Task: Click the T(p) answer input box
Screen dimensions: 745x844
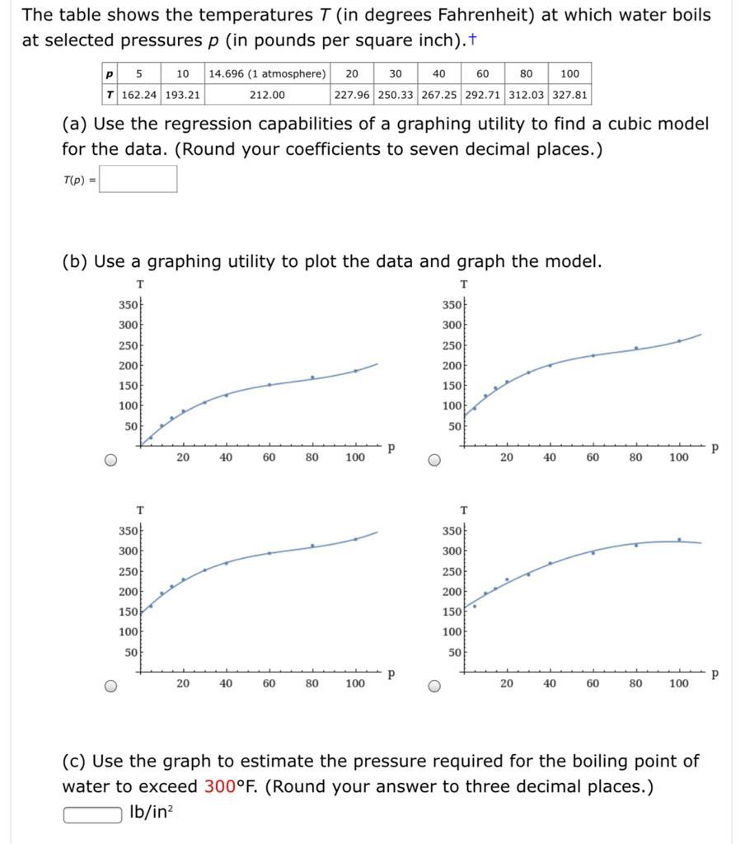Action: click(138, 179)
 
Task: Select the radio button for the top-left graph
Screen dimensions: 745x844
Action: click(111, 460)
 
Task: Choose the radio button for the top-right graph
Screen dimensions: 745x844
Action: click(434, 460)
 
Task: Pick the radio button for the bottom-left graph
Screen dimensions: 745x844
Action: click(111, 687)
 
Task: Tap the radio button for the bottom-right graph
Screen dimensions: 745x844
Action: click(434, 687)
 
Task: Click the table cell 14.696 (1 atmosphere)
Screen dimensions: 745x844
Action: click(268, 73)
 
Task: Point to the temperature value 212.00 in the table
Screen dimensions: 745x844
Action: click(268, 95)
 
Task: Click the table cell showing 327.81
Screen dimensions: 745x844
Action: click(569, 95)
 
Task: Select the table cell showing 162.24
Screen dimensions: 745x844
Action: click(139, 95)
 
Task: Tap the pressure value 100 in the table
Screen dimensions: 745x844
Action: click(569, 73)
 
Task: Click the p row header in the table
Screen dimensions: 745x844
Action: click(110, 73)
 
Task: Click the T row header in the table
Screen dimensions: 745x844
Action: click(110, 95)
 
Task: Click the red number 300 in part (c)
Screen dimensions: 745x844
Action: click(219, 786)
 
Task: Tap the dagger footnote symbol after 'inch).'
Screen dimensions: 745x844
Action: click(472, 40)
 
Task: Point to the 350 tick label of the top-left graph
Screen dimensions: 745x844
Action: click(128, 305)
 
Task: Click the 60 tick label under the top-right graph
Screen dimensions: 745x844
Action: click(592, 457)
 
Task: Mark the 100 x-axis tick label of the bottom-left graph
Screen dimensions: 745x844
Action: click(354, 683)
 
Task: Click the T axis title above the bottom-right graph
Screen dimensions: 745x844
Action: click(464, 509)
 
